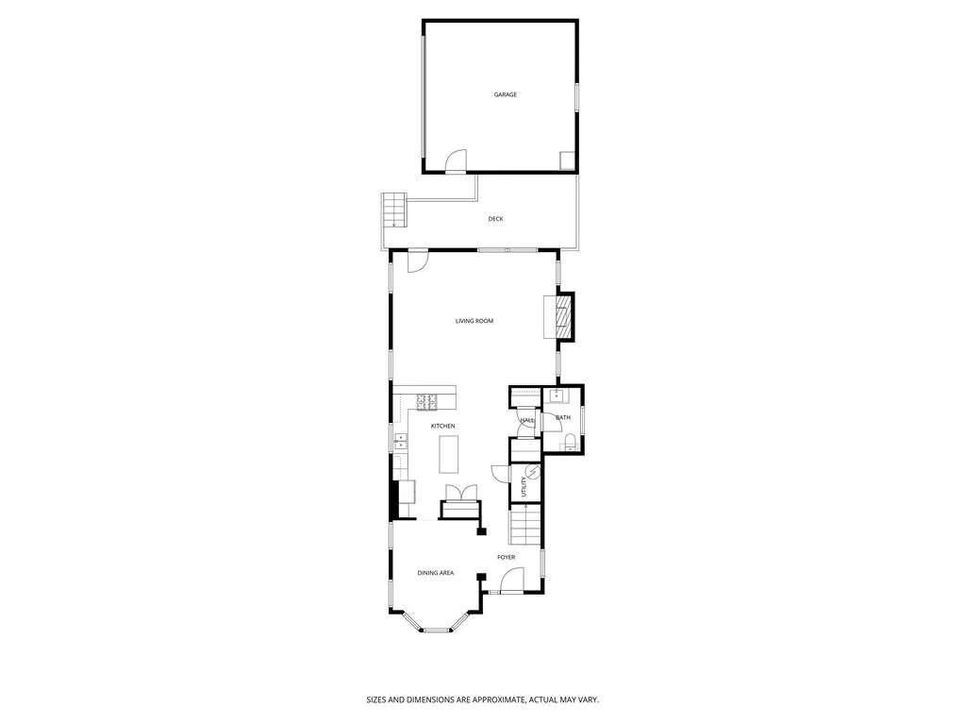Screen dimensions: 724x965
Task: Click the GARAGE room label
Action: (506, 94)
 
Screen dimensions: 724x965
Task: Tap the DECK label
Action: (495, 219)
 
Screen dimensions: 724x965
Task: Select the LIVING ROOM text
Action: (474, 321)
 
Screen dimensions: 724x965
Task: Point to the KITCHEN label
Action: (443, 426)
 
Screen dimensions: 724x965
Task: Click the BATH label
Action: (563, 417)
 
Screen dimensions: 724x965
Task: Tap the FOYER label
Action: (507, 557)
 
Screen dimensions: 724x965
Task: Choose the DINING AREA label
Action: (436, 573)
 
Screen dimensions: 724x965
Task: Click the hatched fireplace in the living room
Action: (562, 317)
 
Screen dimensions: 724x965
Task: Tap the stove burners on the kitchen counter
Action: (427, 402)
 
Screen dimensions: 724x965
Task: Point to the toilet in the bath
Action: (569, 442)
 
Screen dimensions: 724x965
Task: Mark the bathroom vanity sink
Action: (557, 396)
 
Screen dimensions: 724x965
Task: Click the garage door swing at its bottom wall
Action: (456, 161)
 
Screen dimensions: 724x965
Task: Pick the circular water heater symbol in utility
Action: (532, 472)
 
